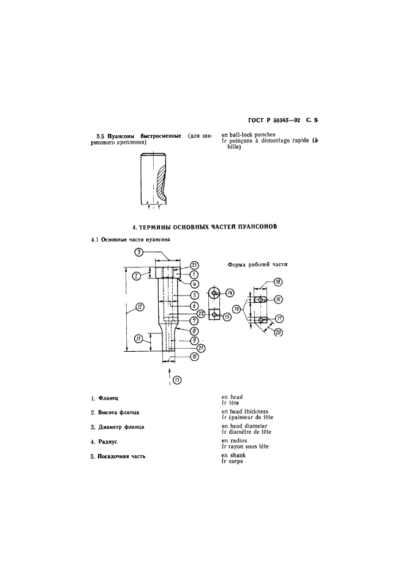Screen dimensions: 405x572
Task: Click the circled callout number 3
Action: point(138,252)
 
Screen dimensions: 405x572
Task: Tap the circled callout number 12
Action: point(139,306)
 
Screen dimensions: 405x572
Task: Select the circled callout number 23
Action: point(195,266)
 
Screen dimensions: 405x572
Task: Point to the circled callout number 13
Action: point(177,380)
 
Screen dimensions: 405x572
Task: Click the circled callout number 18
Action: point(278,282)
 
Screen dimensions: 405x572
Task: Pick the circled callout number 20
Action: point(278,332)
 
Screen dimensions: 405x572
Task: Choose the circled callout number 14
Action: point(230,292)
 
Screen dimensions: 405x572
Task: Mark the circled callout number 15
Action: point(227,317)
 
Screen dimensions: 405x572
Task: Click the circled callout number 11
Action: point(138,338)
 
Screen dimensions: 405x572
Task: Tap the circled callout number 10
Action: point(195,357)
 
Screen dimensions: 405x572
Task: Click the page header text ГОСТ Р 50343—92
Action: point(273,120)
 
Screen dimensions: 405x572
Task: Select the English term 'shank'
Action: point(238,455)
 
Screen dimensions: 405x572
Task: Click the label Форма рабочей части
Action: point(257,264)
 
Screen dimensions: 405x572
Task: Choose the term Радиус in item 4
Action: point(108,442)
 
